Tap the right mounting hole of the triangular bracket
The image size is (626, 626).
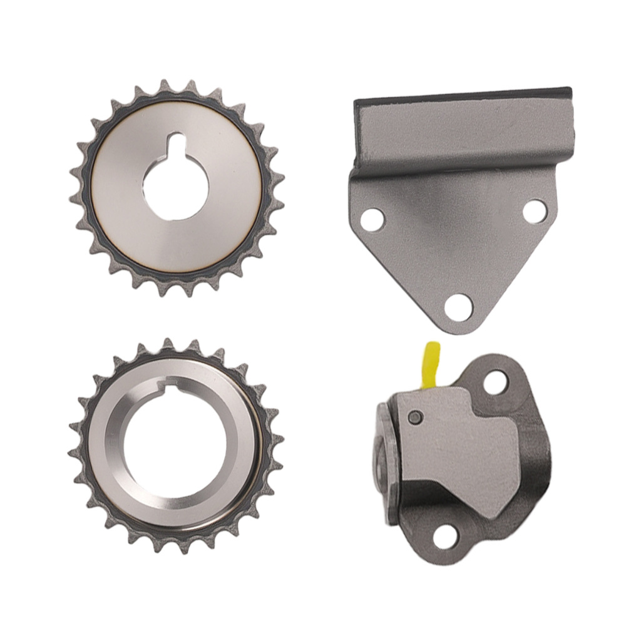[534, 211]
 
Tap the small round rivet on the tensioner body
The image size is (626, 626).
[413, 418]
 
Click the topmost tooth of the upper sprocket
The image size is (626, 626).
[165, 86]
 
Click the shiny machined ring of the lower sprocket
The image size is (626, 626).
[106, 451]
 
